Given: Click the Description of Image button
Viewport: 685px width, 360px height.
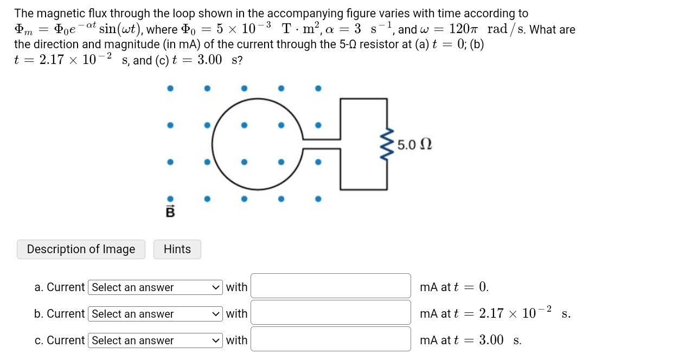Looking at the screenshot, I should [81, 249].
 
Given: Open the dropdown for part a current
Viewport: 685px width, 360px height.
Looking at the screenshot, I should [155, 287].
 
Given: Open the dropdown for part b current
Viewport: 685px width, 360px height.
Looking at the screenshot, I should [155, 314].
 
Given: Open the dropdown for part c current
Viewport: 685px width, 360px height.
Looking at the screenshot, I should [155, 340].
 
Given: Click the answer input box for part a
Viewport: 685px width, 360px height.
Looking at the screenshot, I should [330, 286].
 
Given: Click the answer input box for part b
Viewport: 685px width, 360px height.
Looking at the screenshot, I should [330, 313].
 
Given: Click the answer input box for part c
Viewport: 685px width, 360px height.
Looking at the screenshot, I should [330, 339].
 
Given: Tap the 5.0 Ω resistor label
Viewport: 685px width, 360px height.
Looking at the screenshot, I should [414, 145].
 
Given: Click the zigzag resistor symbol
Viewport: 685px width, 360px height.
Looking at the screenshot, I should [387, 144].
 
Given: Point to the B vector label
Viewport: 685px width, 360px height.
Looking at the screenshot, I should [170, 212].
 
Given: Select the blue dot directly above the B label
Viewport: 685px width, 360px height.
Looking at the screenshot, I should [170, 199].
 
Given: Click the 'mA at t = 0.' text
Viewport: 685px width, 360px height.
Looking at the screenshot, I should [454, 287].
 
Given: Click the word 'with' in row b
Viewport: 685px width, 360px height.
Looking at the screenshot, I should [236, 314].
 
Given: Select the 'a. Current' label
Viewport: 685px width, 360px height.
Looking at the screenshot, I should [59, 287].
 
